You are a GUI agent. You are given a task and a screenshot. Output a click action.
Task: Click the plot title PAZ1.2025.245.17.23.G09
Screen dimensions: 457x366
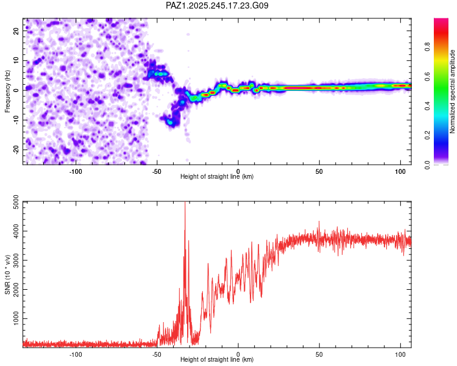[x=217, y=5]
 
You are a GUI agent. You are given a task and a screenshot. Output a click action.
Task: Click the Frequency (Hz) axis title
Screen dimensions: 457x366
[x=7, y=91]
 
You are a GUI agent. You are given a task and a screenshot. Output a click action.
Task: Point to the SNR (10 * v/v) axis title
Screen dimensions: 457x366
[x=7, y=274]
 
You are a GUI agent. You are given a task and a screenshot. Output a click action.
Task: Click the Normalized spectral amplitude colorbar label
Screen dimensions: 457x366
[x=452, y=91]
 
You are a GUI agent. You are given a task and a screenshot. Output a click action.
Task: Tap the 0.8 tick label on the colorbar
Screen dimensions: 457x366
[x=427, y=46]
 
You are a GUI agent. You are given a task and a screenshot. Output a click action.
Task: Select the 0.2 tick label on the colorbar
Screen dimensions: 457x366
[x=427, y=135]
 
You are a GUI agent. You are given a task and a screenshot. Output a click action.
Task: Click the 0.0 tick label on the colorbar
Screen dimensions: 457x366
[x=427, y=165]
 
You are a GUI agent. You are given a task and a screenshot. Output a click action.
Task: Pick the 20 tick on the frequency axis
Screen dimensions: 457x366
[x=16, y=31]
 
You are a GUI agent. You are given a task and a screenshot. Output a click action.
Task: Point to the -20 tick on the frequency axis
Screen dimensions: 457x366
[x=16, y=150]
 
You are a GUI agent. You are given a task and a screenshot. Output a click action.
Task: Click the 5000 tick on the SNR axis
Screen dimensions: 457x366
[x=16, y=202]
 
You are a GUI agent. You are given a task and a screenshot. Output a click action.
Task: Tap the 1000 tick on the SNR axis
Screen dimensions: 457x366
[x=16, y=318]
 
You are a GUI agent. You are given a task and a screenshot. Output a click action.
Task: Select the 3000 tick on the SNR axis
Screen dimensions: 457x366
[x=16, y=260]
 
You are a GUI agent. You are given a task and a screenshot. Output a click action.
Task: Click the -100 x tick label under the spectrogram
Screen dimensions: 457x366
[x=76, y=171]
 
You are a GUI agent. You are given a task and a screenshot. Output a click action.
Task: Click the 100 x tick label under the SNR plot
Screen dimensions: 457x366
[x=400, y=354]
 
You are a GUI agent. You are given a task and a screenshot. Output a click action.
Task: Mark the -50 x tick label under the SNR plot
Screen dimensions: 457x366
[x=157, y=354]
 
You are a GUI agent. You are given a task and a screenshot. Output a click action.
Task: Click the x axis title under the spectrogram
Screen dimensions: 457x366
[x=217, y=176]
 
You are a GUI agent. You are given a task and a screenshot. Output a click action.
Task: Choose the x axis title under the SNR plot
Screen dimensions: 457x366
[x=217, y=359]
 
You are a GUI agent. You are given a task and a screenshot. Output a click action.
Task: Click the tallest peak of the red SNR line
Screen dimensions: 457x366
[x=185, y=203]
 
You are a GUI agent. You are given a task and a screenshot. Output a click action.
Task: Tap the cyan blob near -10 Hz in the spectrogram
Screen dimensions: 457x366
[x=171, y=122]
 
